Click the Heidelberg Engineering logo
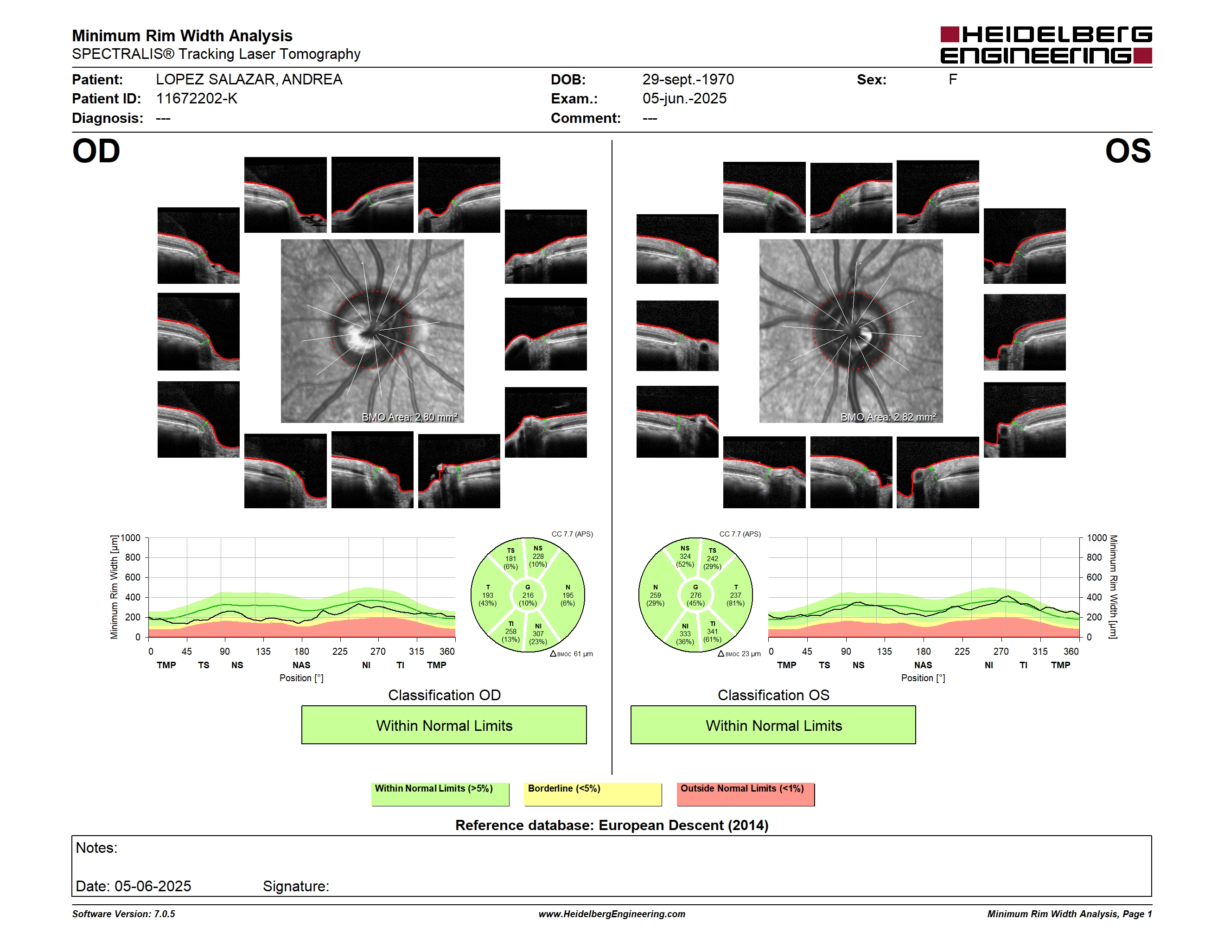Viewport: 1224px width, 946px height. [1046, 45]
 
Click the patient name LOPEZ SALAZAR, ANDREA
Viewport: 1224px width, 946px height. [249, 80]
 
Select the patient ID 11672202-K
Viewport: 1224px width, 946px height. [197, 99]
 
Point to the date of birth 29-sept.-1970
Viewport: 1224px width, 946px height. [688, 80]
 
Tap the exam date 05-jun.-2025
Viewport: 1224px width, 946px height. [684, 99]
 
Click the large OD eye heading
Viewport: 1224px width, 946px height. [96, 151]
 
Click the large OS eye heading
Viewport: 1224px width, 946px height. [1128, 151]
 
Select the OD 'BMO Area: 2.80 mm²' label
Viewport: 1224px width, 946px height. [410, 417]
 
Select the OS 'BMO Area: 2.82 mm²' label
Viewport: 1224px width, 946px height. [888, 417]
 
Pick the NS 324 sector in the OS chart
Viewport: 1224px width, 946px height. [684, 556]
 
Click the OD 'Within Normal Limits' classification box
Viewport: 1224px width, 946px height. [444, 725]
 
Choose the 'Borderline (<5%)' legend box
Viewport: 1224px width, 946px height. [593, 794]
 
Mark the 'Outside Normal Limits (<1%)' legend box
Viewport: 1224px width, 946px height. [746, 794]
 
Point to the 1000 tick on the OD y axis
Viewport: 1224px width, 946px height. [131, 538]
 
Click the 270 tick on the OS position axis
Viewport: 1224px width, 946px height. [1001, 651]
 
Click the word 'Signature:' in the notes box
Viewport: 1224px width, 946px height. [296, 886]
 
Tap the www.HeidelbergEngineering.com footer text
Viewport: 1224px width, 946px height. [612, 914]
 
